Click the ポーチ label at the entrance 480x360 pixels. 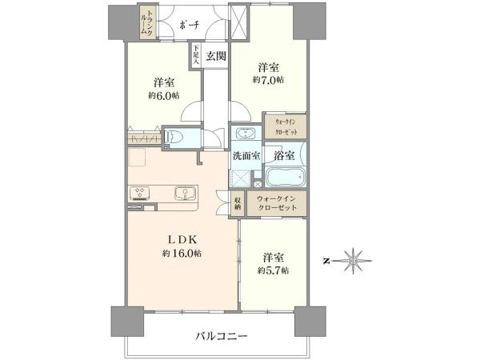[x=189, y=25]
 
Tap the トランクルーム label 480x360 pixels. [x=148, y=25]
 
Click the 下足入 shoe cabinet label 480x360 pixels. [x=194, y=55]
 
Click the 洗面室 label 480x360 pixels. [x=245, y=156]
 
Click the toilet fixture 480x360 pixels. [x=176, y=138]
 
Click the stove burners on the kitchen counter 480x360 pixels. [x=142, y=194]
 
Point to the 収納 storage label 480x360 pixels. [x=238, y=203]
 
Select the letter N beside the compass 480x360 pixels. [x=326, y=260]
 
